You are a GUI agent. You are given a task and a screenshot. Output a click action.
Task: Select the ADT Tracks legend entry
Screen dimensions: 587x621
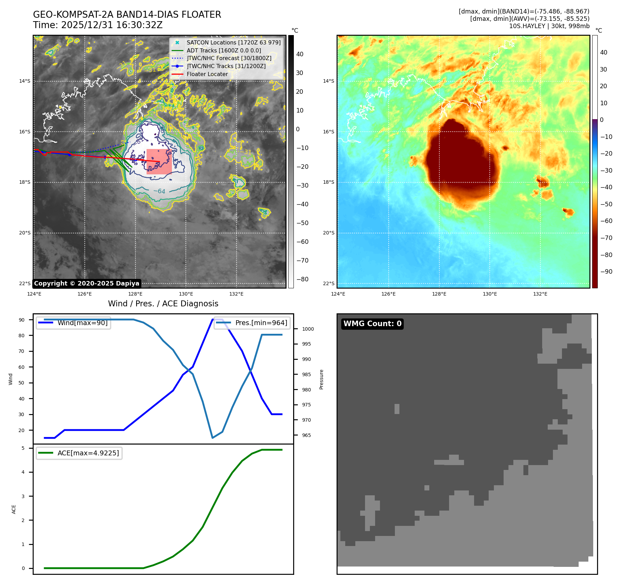point(224,51)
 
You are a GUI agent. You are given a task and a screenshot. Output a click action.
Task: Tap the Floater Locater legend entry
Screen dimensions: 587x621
point(207,74)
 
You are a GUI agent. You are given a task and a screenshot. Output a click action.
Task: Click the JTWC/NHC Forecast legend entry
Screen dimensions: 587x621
point(229,58)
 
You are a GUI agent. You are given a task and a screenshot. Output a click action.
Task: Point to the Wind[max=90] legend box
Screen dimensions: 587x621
point(73,323)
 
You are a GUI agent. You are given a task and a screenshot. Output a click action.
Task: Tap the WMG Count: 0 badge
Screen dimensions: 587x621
point(372,324)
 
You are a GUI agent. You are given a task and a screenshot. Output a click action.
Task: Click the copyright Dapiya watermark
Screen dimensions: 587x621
point(86,283)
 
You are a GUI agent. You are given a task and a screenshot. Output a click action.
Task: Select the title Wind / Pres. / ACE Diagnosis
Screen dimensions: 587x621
point(163,304)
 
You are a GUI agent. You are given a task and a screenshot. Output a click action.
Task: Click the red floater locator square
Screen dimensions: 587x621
point(159,162)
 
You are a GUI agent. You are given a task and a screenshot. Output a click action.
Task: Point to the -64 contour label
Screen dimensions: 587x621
point(159,191)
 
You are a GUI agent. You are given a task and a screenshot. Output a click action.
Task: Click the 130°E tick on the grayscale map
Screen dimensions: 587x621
point(186,294)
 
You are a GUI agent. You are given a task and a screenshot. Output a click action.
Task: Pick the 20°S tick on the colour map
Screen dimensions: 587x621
point(329,233)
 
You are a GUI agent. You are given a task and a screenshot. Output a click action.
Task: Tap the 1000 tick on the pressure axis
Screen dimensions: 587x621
point(308,329)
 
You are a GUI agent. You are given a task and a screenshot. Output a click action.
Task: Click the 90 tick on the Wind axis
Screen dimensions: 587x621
point(22,320)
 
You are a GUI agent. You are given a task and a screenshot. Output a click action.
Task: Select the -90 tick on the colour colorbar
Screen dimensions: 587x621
point(606,272)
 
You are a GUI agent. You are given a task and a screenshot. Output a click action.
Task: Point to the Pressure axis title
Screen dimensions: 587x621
point(322,379)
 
